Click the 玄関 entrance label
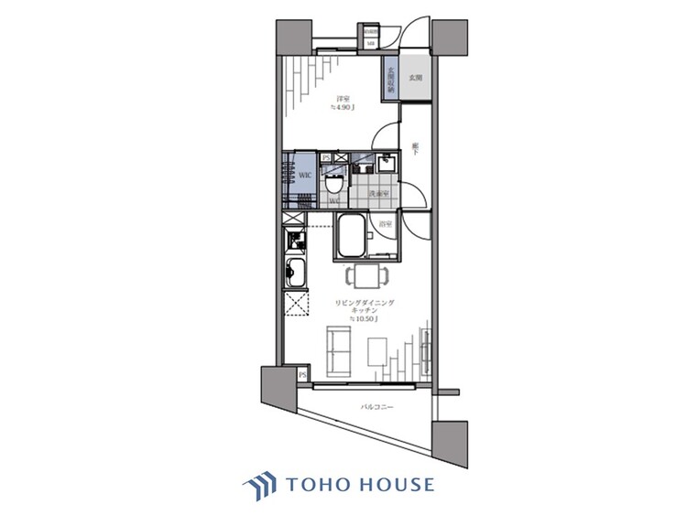click(x=416, y=80)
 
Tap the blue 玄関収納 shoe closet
click(x=390, y=82)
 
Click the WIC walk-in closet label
click(x=303, y=172)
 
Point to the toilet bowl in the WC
click(x=334, y=183)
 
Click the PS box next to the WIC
click(x=326, y=157)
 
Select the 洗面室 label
click(x=378, y=195)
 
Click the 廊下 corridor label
click(x=416, y=148)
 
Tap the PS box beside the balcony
click(x=302, y=375)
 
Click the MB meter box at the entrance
click(x=371, y=42)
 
